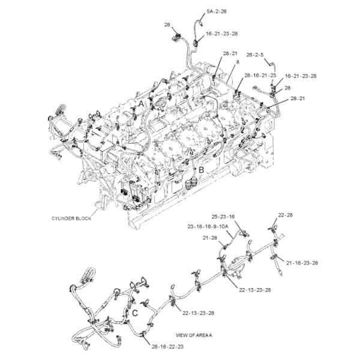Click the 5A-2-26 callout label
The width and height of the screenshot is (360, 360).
[x=216, y=11]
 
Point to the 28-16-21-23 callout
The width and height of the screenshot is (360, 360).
[x=260, y=76]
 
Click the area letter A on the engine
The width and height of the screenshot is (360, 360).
[x=142, y=103]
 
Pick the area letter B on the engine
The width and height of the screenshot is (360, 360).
[x=202, y=170]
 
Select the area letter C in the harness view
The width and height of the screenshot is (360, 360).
[x=135, y=313]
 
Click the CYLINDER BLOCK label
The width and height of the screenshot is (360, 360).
[x=71, y=219]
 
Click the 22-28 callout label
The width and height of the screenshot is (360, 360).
[x=284, y=215]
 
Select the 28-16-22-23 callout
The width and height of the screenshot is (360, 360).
[x=167, y=347]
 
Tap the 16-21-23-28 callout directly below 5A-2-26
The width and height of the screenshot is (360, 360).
[x=221, y=34]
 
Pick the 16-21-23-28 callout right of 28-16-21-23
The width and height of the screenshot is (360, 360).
[x=301, y=76]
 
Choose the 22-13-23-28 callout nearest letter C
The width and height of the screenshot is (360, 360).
[x=199, y=313]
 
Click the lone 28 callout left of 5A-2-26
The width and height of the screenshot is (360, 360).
[x=167, y=25]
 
